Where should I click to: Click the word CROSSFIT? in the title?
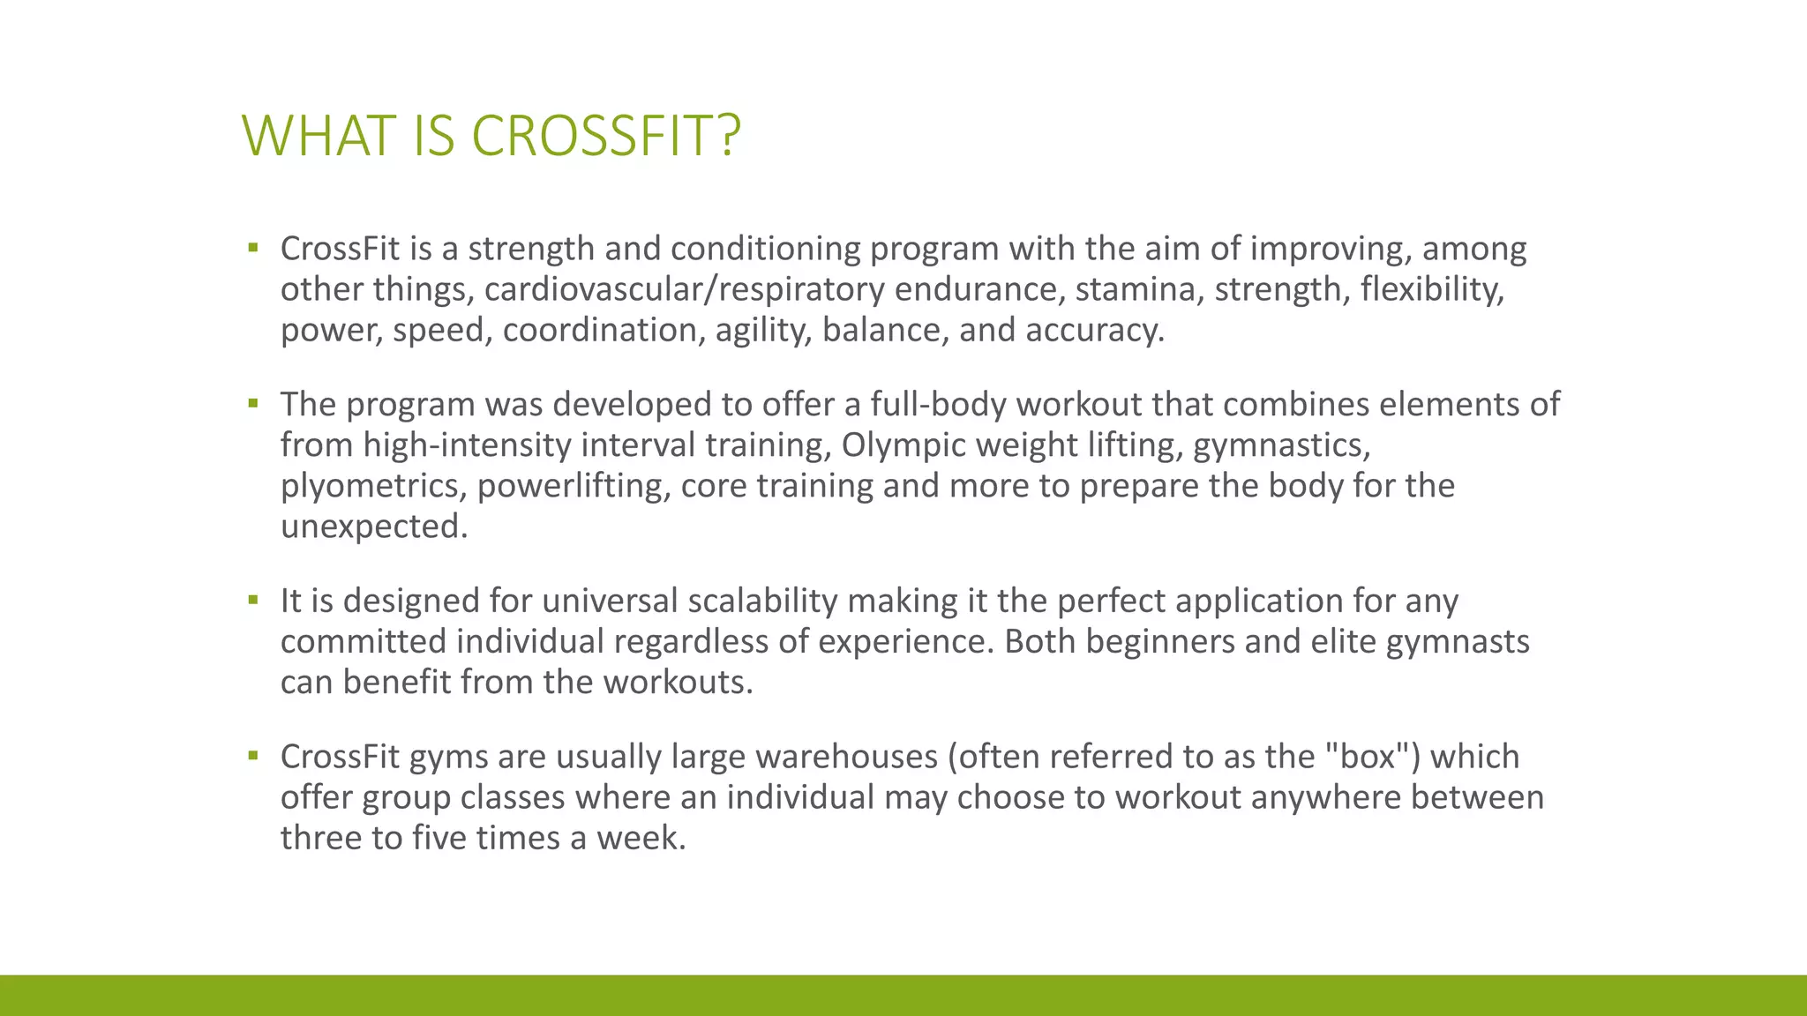[x=606, y=137]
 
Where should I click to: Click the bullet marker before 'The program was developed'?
[x=253, y=404]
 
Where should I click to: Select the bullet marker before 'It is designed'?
[x=253, y=601]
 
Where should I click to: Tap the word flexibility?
[x=1431, y=290]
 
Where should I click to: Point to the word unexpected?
[x=373, y=527]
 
